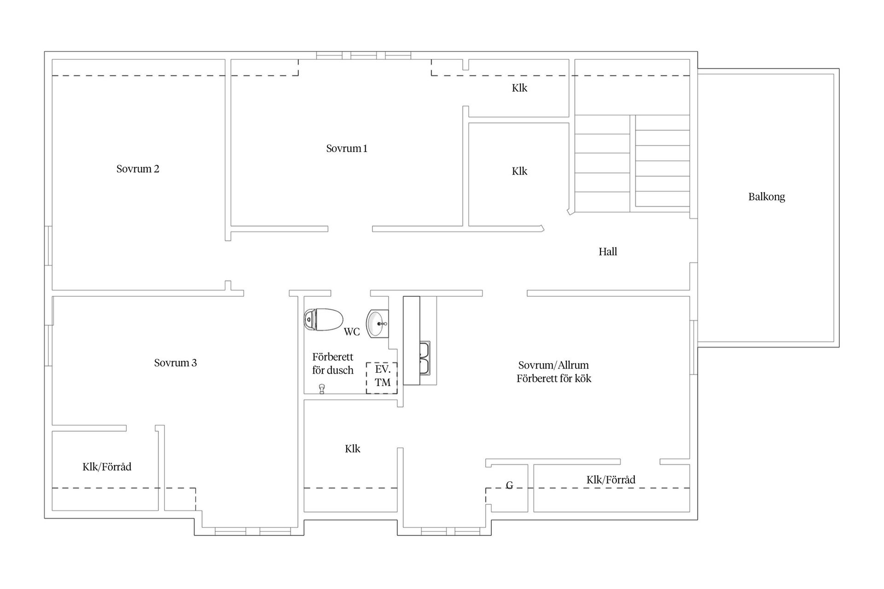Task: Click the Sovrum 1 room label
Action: pos(347,148)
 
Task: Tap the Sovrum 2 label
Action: pos(138,168)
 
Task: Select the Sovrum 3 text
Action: pos(175,363)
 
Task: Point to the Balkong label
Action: pos(767,197)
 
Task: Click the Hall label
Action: pos(608,251)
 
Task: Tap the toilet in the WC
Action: pos(323,319)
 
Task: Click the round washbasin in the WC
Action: pos(378,323)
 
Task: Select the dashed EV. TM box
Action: pos(382,378)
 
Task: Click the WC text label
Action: pos(352,332)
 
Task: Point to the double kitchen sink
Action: pos(425,358)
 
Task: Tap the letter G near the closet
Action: pos(509,485)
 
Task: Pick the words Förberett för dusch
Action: pos(333,364)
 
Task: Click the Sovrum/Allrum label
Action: pos(553,365)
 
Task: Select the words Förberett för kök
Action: pos(553,378)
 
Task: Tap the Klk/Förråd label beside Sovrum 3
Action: pos(107,467)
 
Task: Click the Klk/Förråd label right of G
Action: pos(611,479)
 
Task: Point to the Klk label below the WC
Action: pos(353,449)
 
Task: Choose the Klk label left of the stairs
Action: pos(519,171)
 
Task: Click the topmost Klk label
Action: pos(519,88)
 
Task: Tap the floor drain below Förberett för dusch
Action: pos(322,389)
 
